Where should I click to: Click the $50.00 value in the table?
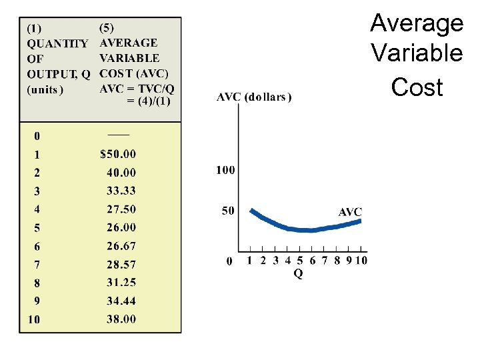117,154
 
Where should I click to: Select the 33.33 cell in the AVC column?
121,191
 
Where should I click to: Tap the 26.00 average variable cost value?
121,227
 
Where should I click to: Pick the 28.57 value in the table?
121,264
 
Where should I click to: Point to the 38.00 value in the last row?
121,319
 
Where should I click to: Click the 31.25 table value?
121,283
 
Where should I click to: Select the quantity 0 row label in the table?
37,136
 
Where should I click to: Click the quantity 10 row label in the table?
34,319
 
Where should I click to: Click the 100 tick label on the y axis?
225,170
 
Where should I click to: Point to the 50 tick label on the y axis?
228,211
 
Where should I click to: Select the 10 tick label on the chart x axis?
361,260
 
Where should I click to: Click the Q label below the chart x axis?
297,274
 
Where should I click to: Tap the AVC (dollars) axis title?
254,97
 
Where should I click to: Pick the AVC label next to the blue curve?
350,212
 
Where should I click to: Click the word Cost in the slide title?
417,87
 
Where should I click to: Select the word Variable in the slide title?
417,52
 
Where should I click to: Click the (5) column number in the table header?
106,28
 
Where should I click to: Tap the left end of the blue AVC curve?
251,211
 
